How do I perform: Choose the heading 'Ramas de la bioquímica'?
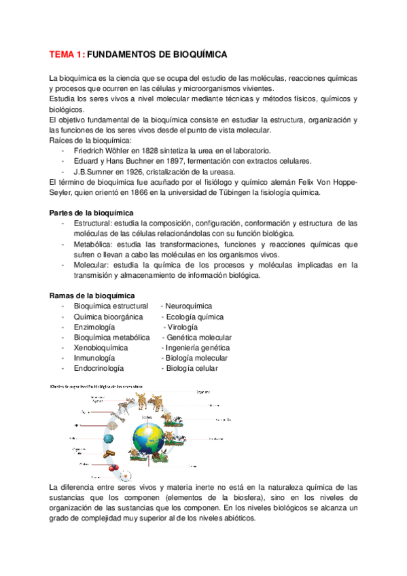tap(92, 295)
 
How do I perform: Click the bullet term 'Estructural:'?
tap(94, 223)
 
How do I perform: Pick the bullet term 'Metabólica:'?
tap(94, 245)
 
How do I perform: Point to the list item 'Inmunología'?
tap(94, 358)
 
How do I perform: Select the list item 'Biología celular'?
tap(192, 368)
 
